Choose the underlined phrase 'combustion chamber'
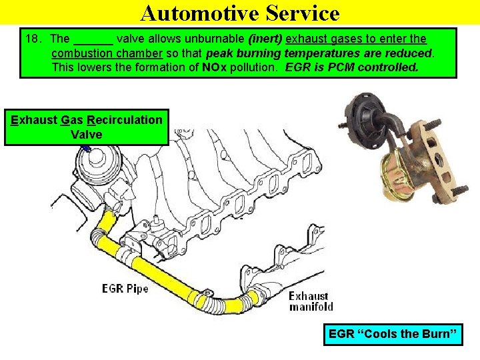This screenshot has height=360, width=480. (107, 53)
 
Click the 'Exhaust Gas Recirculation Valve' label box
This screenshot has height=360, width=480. (86, 127)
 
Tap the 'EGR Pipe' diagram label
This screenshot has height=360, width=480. (125, 289)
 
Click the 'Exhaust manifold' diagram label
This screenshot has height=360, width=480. (310, 301)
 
